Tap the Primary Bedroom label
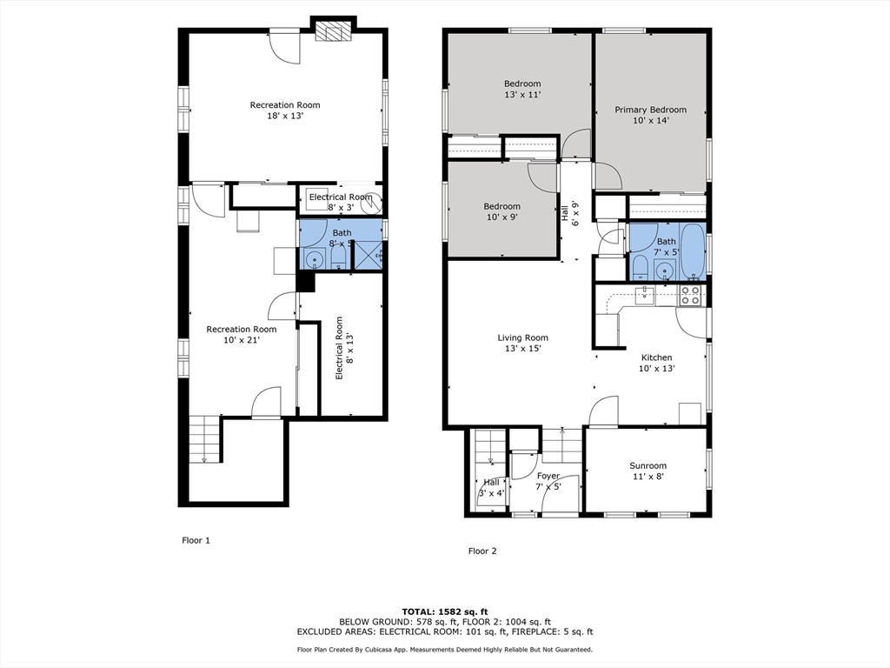[650, 115]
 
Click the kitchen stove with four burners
[690, 295]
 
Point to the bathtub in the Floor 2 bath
[693, 251]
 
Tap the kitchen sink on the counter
[645, 296]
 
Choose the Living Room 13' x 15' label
[522, 343]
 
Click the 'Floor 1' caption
[196, 540]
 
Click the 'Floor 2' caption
[482, 551]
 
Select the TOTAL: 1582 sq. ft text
[445, 611]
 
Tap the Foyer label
[548, 476]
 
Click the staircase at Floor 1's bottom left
[203, 439]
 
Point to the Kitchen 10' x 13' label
[657, 363]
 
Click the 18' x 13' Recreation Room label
[285, 110]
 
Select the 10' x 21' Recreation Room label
[242, 335]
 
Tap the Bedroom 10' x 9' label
[501, 211]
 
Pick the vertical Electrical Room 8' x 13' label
[343, 348]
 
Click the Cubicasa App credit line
[445, 649]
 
